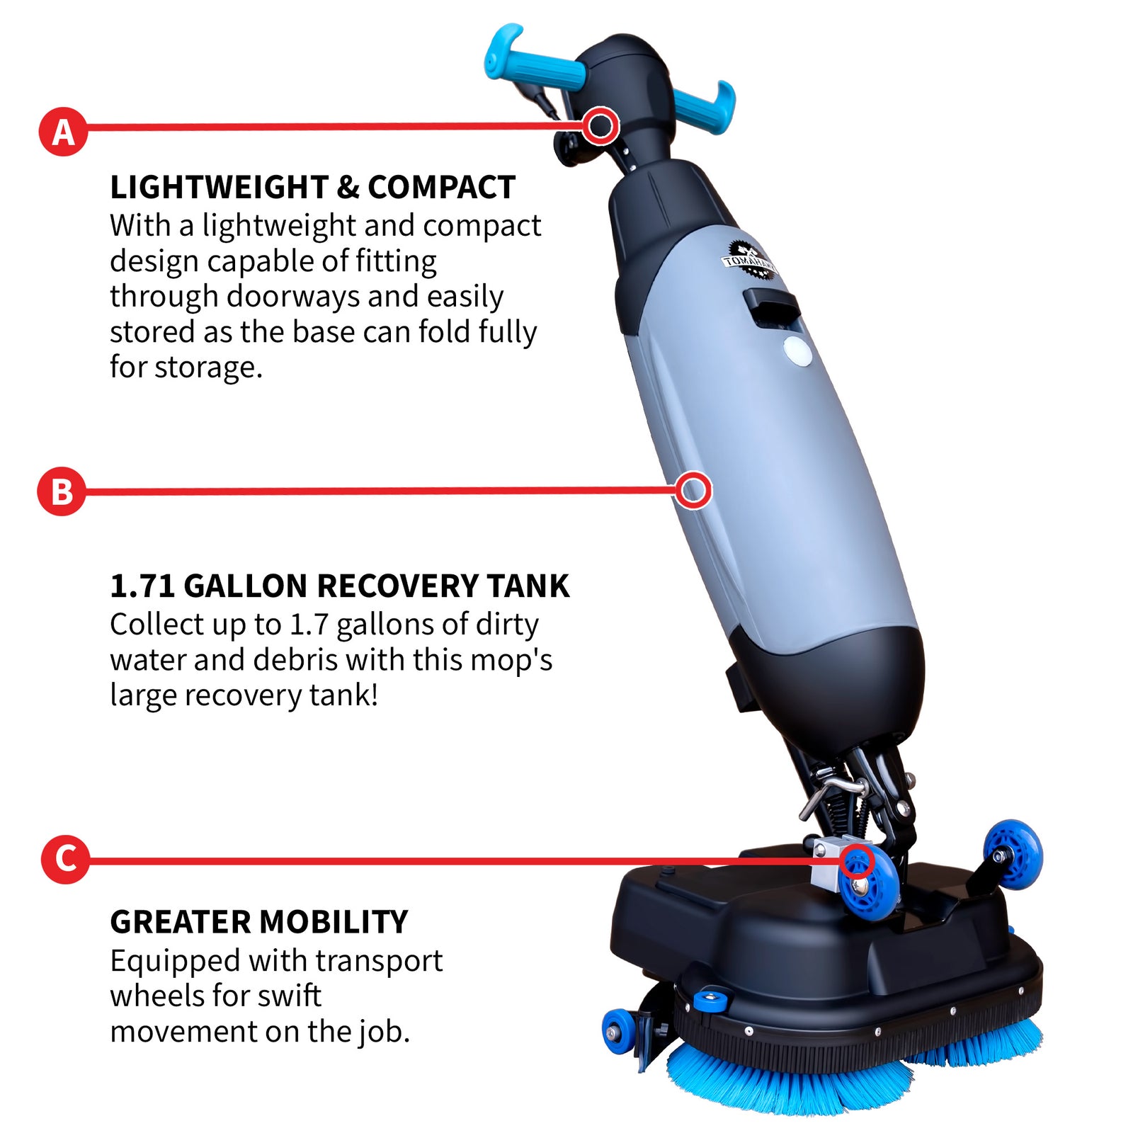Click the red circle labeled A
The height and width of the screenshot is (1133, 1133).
point(63,132)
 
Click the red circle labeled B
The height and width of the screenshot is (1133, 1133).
point(62,491)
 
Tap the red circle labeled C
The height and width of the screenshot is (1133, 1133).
point(65,859)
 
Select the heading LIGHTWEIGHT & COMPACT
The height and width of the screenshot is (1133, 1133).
point(312,188)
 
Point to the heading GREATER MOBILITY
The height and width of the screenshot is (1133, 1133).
point(258,922)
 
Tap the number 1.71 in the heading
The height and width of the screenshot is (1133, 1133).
point(142,586)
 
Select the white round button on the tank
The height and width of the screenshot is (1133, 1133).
point(798,351)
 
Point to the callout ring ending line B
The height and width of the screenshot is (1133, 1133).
point(693,490)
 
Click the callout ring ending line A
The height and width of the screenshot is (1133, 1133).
point(601,126)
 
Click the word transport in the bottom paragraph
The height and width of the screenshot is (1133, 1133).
point(378,961)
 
